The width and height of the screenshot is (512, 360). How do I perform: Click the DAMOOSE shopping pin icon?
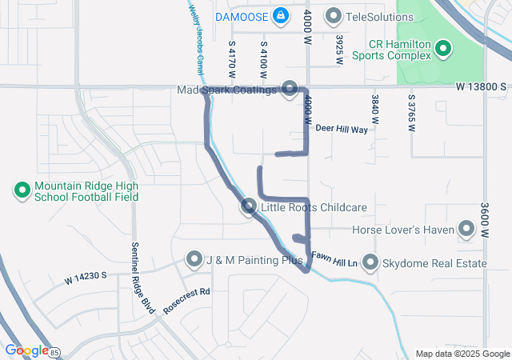coord(281,15)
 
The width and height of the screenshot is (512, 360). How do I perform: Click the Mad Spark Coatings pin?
coord(290,90)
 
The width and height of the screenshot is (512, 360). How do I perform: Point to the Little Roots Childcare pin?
coord(249,208)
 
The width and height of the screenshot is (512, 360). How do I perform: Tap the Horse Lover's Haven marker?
coord(466,230)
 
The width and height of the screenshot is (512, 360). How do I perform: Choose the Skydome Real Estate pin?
coord(370,262)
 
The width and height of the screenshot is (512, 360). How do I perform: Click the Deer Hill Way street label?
coord(342,129)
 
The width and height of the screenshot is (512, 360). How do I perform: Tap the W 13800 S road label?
coord(482,86)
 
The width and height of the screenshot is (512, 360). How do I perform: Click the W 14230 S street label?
coord(86,278)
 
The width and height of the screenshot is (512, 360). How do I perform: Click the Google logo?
coord(26,350)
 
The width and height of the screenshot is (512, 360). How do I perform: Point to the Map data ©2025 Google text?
coord(462,354)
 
